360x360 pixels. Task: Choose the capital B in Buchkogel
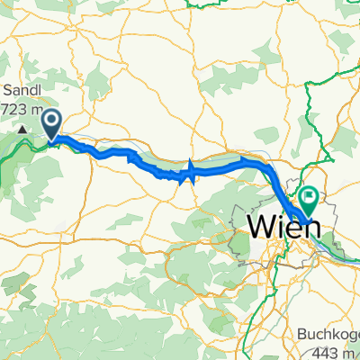[301, 333]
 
